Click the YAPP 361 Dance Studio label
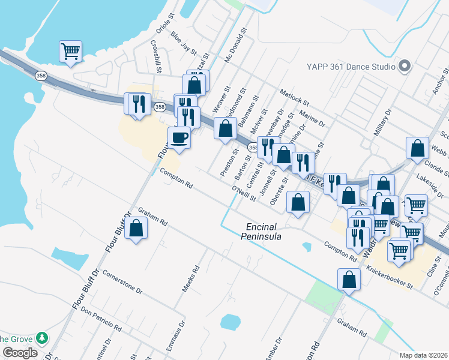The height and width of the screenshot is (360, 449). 351,67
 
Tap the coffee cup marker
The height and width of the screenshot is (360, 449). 179,138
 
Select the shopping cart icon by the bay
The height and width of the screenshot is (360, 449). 71,52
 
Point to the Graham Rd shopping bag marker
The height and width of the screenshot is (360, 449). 136,229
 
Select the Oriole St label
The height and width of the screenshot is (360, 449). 164,35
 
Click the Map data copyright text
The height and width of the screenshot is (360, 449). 423,355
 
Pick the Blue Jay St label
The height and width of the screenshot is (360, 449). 184,44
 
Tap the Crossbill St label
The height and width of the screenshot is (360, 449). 157,56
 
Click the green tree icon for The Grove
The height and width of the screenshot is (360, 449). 41,338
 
